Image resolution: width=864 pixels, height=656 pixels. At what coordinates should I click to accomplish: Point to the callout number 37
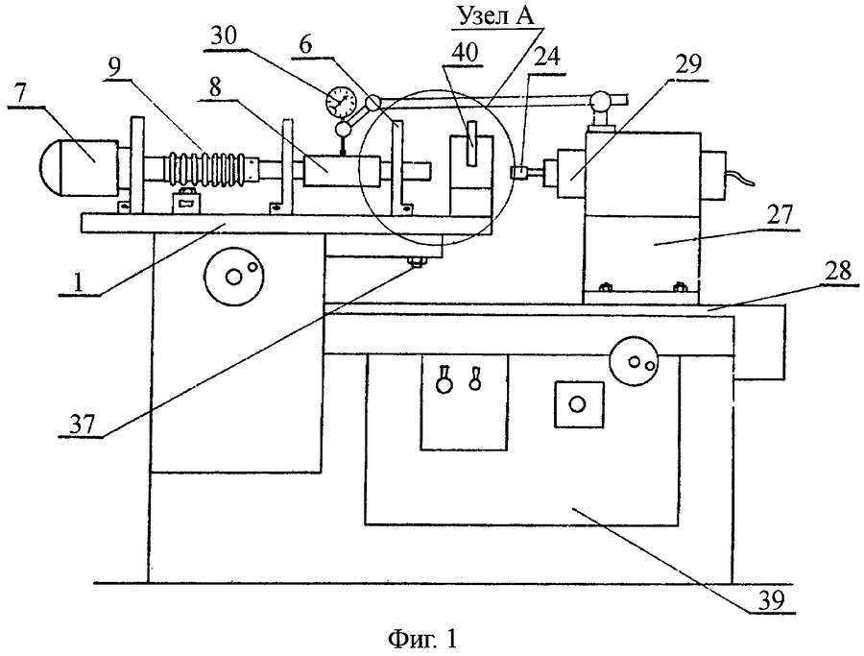click(x=83, y=424)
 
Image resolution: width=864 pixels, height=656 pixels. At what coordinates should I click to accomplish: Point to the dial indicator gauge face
click(x=341, y=101)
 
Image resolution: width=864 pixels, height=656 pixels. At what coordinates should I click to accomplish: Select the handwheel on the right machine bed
click(x=634, y=363)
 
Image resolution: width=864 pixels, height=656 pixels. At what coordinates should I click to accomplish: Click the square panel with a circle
click(x=578, y=404)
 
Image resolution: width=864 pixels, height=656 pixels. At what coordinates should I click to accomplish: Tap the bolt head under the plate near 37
click(x=416, y=261)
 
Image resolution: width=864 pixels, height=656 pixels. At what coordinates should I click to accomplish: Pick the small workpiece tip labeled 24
click(x=518, y=172)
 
